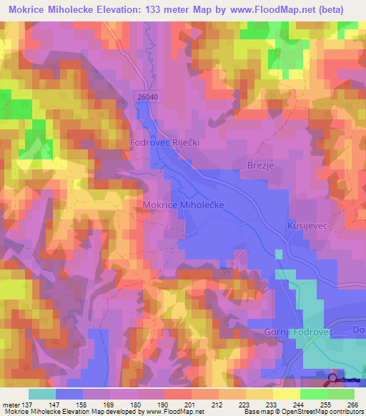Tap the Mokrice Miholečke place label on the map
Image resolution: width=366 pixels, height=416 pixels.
(x=184, y=205)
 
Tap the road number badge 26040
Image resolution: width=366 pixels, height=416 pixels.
(x=142, y=94)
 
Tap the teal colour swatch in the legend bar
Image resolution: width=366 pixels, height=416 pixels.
(x=42, y=394)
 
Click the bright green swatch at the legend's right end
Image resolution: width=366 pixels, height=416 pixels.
(x=341, y=394)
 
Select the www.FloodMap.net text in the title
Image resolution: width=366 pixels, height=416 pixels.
(x=263, y=10)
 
